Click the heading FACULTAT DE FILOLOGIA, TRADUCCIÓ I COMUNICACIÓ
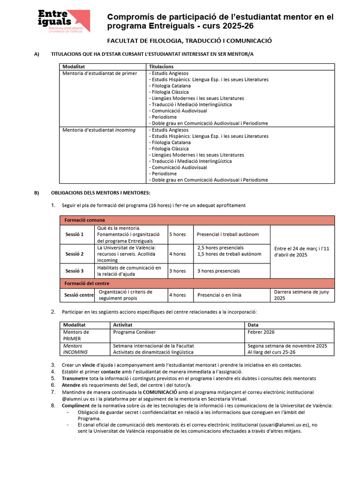tap(190, 41)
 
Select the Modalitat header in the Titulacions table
tap(74, 67)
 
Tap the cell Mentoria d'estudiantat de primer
tap(100, 74)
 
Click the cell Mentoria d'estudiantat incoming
tap(99, 130)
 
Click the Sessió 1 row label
tap(75, 234)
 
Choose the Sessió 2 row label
tap(75, 254)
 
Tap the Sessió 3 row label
tap(75, 271)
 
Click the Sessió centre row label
tap(79, 295)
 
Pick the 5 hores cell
tap(177, 234)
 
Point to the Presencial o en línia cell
tap(219, 295)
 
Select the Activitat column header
tap(123, 325)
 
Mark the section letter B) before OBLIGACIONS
tap(37, 193)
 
